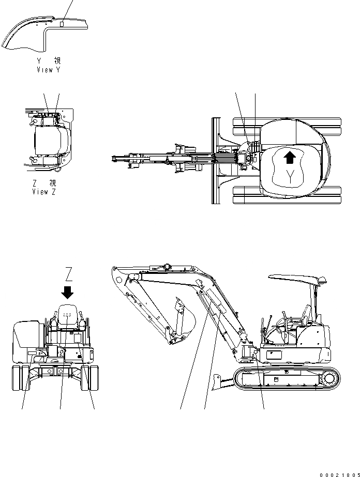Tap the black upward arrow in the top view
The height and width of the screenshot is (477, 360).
290,157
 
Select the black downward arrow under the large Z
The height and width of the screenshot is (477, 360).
67,292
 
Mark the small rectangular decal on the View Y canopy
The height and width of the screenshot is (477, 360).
61,24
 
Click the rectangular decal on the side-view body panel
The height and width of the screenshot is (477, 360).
273,356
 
